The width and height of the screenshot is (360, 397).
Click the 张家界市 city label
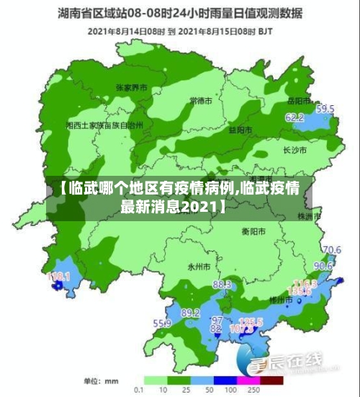click(131, 86)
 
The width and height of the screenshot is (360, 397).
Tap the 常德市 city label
click(200, 99)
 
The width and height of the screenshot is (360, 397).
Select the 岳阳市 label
click(297, 100)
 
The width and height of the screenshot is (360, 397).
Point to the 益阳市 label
click(240, 130)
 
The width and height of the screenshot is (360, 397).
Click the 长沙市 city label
click(294, 151)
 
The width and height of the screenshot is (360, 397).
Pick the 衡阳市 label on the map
click(253, 231)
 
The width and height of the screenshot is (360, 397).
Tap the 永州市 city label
click(198, 266)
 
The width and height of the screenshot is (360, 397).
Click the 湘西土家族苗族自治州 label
click(104, 125)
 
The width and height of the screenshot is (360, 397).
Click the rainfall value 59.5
click(325, 109)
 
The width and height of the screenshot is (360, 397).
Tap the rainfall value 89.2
click(191, 313)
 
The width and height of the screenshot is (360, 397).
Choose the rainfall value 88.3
click(222, 285)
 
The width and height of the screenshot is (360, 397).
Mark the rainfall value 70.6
click(331, 250)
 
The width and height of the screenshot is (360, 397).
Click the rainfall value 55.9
click(161, 324)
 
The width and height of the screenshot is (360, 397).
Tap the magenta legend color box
click(248, 379)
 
